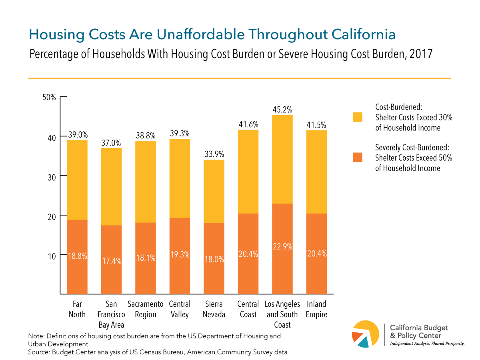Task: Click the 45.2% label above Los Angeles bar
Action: pos(282,109)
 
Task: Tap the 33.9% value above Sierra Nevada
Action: pos(214,154)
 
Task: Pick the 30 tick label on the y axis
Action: pos(51,176)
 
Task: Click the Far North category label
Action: pos(77,309)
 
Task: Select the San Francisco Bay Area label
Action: pos(111,314)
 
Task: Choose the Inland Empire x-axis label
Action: pos(316,309)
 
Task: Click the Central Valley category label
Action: pos(180,309)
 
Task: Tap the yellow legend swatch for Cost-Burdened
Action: pos(357,117)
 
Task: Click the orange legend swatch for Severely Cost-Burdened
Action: pos(357,157)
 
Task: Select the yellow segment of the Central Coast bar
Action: pos(248,172)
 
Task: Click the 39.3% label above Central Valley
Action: pos(180,133)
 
